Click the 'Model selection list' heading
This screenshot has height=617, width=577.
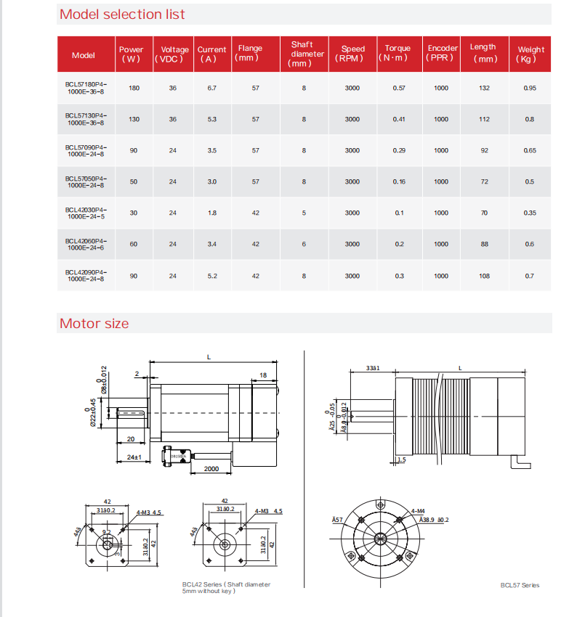click(x=122, y=15)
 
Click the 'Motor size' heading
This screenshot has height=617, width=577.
click(x=94, y=324)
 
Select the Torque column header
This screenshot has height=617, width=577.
click(x=398, y=53)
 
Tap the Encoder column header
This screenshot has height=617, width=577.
click(x=442, y=53)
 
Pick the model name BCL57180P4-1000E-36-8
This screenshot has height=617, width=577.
click(x=85, y=88)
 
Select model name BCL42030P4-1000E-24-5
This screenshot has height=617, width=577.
click(x=85, y=213)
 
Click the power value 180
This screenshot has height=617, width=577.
click(x=134, y=88)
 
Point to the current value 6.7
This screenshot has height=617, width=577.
click(x=211, y=88)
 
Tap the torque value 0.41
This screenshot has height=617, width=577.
click(x=398, y=119)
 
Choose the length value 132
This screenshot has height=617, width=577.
click(x=485, y=88)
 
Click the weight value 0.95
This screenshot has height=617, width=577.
click(x=530, y=88)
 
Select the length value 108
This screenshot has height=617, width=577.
click(x=485, y=276)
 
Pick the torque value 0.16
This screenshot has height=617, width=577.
click(x=398, y=181)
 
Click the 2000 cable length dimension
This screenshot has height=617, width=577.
click(x=211, y=469)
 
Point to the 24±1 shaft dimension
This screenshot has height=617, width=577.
click(x=132, y=457)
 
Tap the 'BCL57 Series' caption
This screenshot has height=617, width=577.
click(x=520, y=585)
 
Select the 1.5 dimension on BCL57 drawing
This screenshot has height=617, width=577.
click(x=401, y=459)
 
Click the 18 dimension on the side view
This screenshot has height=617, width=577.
click(x=262, y=375)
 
